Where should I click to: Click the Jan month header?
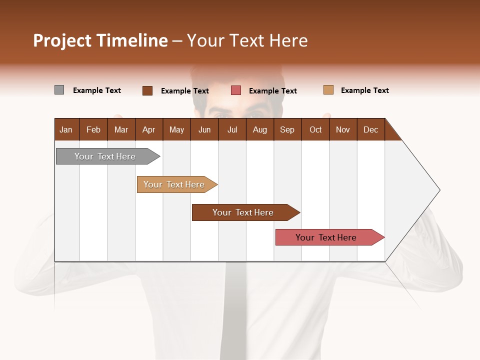66,129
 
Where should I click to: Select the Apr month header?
148,129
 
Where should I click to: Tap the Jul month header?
232,129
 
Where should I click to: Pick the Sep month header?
287,129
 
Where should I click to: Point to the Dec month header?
370,129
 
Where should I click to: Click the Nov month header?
342,129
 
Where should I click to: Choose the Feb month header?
93,129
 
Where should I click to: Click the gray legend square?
59,90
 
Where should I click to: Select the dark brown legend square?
147,90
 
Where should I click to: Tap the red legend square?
236,90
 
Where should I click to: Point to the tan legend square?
328,90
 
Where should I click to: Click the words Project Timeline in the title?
100,40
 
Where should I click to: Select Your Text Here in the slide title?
247,40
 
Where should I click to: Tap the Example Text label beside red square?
272,90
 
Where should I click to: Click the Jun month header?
204,129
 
